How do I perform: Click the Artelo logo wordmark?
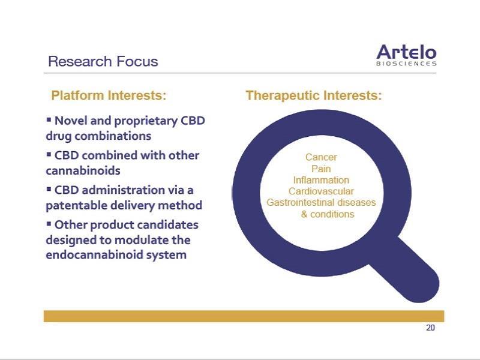[406, 52]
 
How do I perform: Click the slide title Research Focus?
[103, 61]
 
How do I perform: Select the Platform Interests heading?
[109, 95]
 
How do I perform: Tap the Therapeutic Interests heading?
[314, 95]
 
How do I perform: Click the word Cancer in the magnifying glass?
[321, 157]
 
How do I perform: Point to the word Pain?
[321, 169]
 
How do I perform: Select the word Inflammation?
[321, 180]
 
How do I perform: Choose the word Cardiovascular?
[321, 191]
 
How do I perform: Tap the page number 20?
[430, 328]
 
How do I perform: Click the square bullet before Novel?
[49, 119]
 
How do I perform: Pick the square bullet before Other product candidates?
[49, 223]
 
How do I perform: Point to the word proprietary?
[146, 121]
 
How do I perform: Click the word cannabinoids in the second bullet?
[83, 170]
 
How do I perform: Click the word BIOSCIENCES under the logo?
[406, 64]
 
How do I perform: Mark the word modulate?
[141, 239]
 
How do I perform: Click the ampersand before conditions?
[304, 214]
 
